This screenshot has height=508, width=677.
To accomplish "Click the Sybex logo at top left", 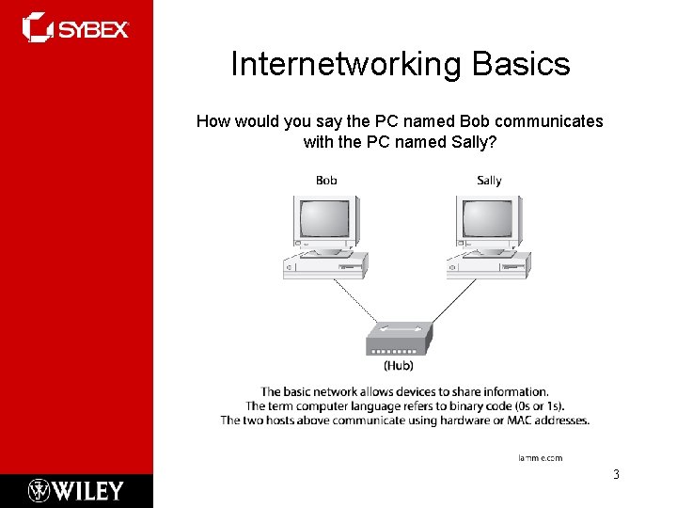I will click(75, 28).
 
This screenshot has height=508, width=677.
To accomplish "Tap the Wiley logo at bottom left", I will click(76, 490).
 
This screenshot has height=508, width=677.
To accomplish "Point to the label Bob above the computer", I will click(326, 180).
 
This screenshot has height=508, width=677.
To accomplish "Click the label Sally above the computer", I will click(489, 180).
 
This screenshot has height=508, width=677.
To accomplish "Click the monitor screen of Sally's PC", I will click(486, 220).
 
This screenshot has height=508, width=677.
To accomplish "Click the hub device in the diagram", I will click(399, 340).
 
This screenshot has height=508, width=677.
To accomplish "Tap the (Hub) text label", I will click(399, 366).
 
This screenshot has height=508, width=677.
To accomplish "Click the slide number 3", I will click(616, 474).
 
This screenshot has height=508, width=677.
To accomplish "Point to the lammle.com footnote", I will click(540, 457).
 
